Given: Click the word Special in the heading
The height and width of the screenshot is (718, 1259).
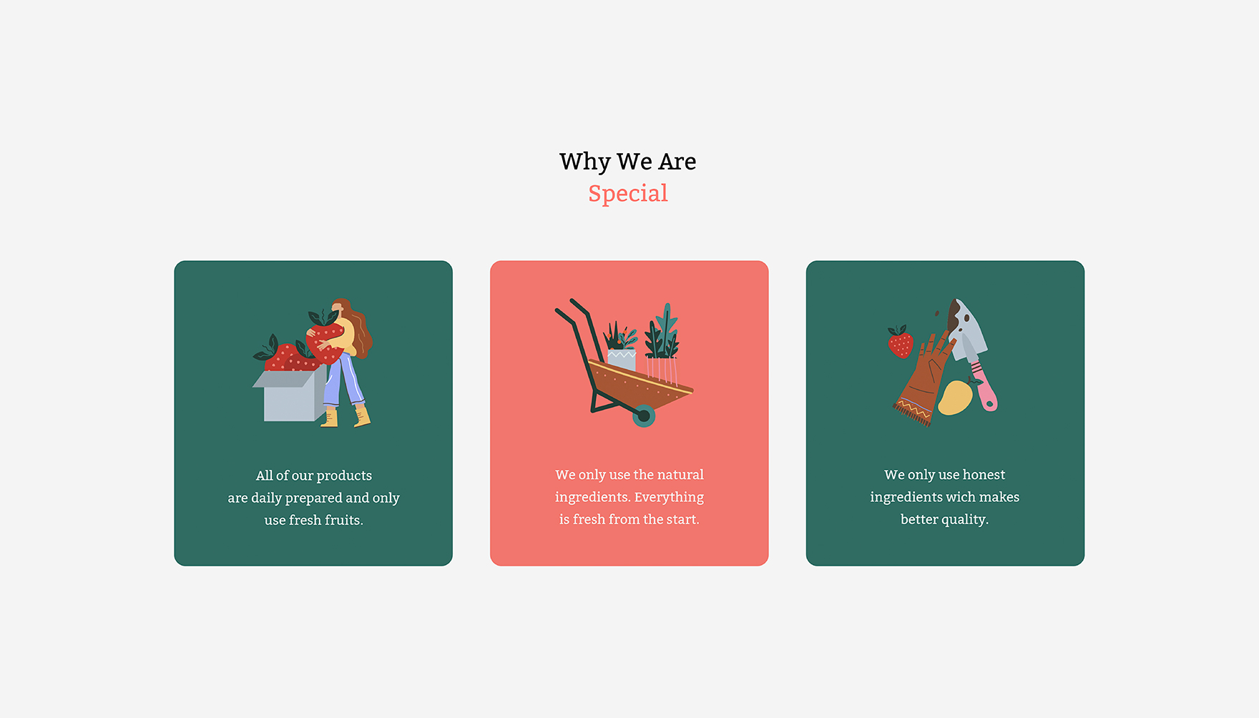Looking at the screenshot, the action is click(628, 194).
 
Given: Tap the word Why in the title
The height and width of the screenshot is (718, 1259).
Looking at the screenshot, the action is click(584, 162).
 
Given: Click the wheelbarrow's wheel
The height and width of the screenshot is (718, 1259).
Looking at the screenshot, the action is click(644, 415).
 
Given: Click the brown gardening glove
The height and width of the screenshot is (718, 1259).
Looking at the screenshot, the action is click(925, 379).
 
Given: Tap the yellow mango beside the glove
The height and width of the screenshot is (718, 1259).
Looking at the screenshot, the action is click(955, 398).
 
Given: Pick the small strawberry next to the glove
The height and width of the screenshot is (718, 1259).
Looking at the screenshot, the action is click(901, 343).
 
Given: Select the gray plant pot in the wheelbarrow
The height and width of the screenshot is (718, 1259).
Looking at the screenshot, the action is click(622, 360).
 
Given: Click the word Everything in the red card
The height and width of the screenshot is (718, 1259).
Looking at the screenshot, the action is click(669, 498).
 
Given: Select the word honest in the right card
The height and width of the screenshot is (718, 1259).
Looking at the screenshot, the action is click(984, 475).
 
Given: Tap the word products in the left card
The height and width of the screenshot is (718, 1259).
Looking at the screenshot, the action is click(344, 476).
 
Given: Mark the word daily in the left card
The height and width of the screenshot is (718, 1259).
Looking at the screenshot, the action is click(266, 498).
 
